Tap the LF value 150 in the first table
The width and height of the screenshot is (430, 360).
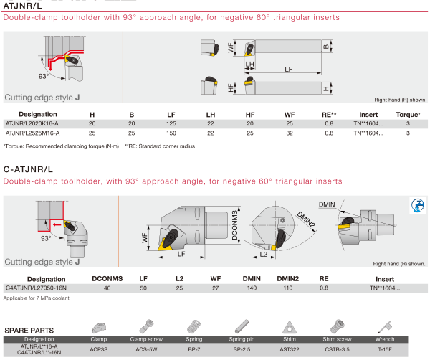(x=170, y=133)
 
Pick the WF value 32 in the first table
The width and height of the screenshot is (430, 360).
(x=290, y=133)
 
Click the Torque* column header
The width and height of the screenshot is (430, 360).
(x=408, y=115)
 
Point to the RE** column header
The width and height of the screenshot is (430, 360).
(x=329, y=115)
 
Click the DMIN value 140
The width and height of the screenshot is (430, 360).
(x=251, y=287)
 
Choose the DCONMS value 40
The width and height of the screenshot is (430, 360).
(x=107, y=287)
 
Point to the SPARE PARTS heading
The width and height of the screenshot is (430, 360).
(x=29, y=330)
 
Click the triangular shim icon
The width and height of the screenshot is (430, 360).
(x=291, y=324)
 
